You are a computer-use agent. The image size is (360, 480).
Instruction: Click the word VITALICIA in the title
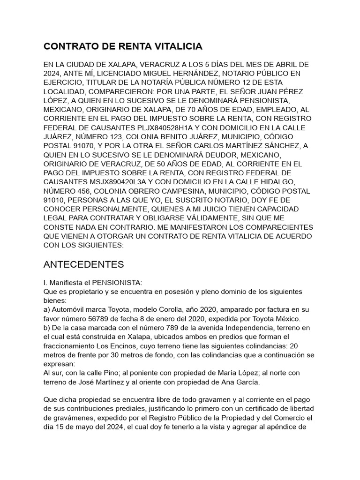pos(176,46)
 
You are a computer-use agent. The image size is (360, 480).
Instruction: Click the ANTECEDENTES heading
pos(83,264)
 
